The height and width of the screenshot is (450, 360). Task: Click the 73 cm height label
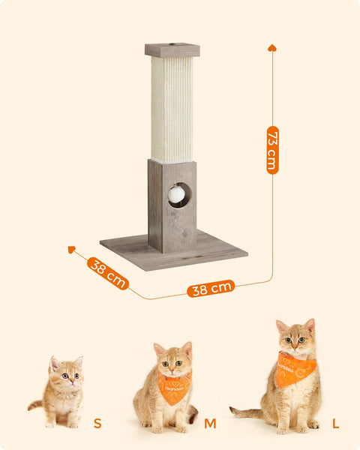click(x=272, y=150)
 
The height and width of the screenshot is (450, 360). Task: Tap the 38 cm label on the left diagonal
click(x=108, y=273)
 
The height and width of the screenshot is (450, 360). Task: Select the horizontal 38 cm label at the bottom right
click(x=211, y=288)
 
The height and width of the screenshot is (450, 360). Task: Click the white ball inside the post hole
click(x=175, y=194)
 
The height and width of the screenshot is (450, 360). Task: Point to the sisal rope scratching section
click(x=172, y=109)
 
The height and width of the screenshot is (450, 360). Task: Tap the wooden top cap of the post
click(x=172, y=50)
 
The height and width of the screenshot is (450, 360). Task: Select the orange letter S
click(x=97, y=424)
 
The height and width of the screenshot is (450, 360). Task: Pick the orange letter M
click(x=211, y=424)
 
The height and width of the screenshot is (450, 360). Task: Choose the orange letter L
click(x=334, y=424)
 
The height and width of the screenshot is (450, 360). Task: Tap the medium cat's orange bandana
click(x=174, y=388)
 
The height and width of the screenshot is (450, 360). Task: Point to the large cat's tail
click(x=247, y=412)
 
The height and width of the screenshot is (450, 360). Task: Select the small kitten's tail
click(x=35, y=405)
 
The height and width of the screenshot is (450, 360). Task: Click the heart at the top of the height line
click(x=272, y=48)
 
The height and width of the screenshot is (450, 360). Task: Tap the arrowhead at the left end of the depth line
click(x=71, y=249)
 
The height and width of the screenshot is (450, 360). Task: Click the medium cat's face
click(x=173, y=361)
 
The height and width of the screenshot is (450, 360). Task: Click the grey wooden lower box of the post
click(x=172, y=217)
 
